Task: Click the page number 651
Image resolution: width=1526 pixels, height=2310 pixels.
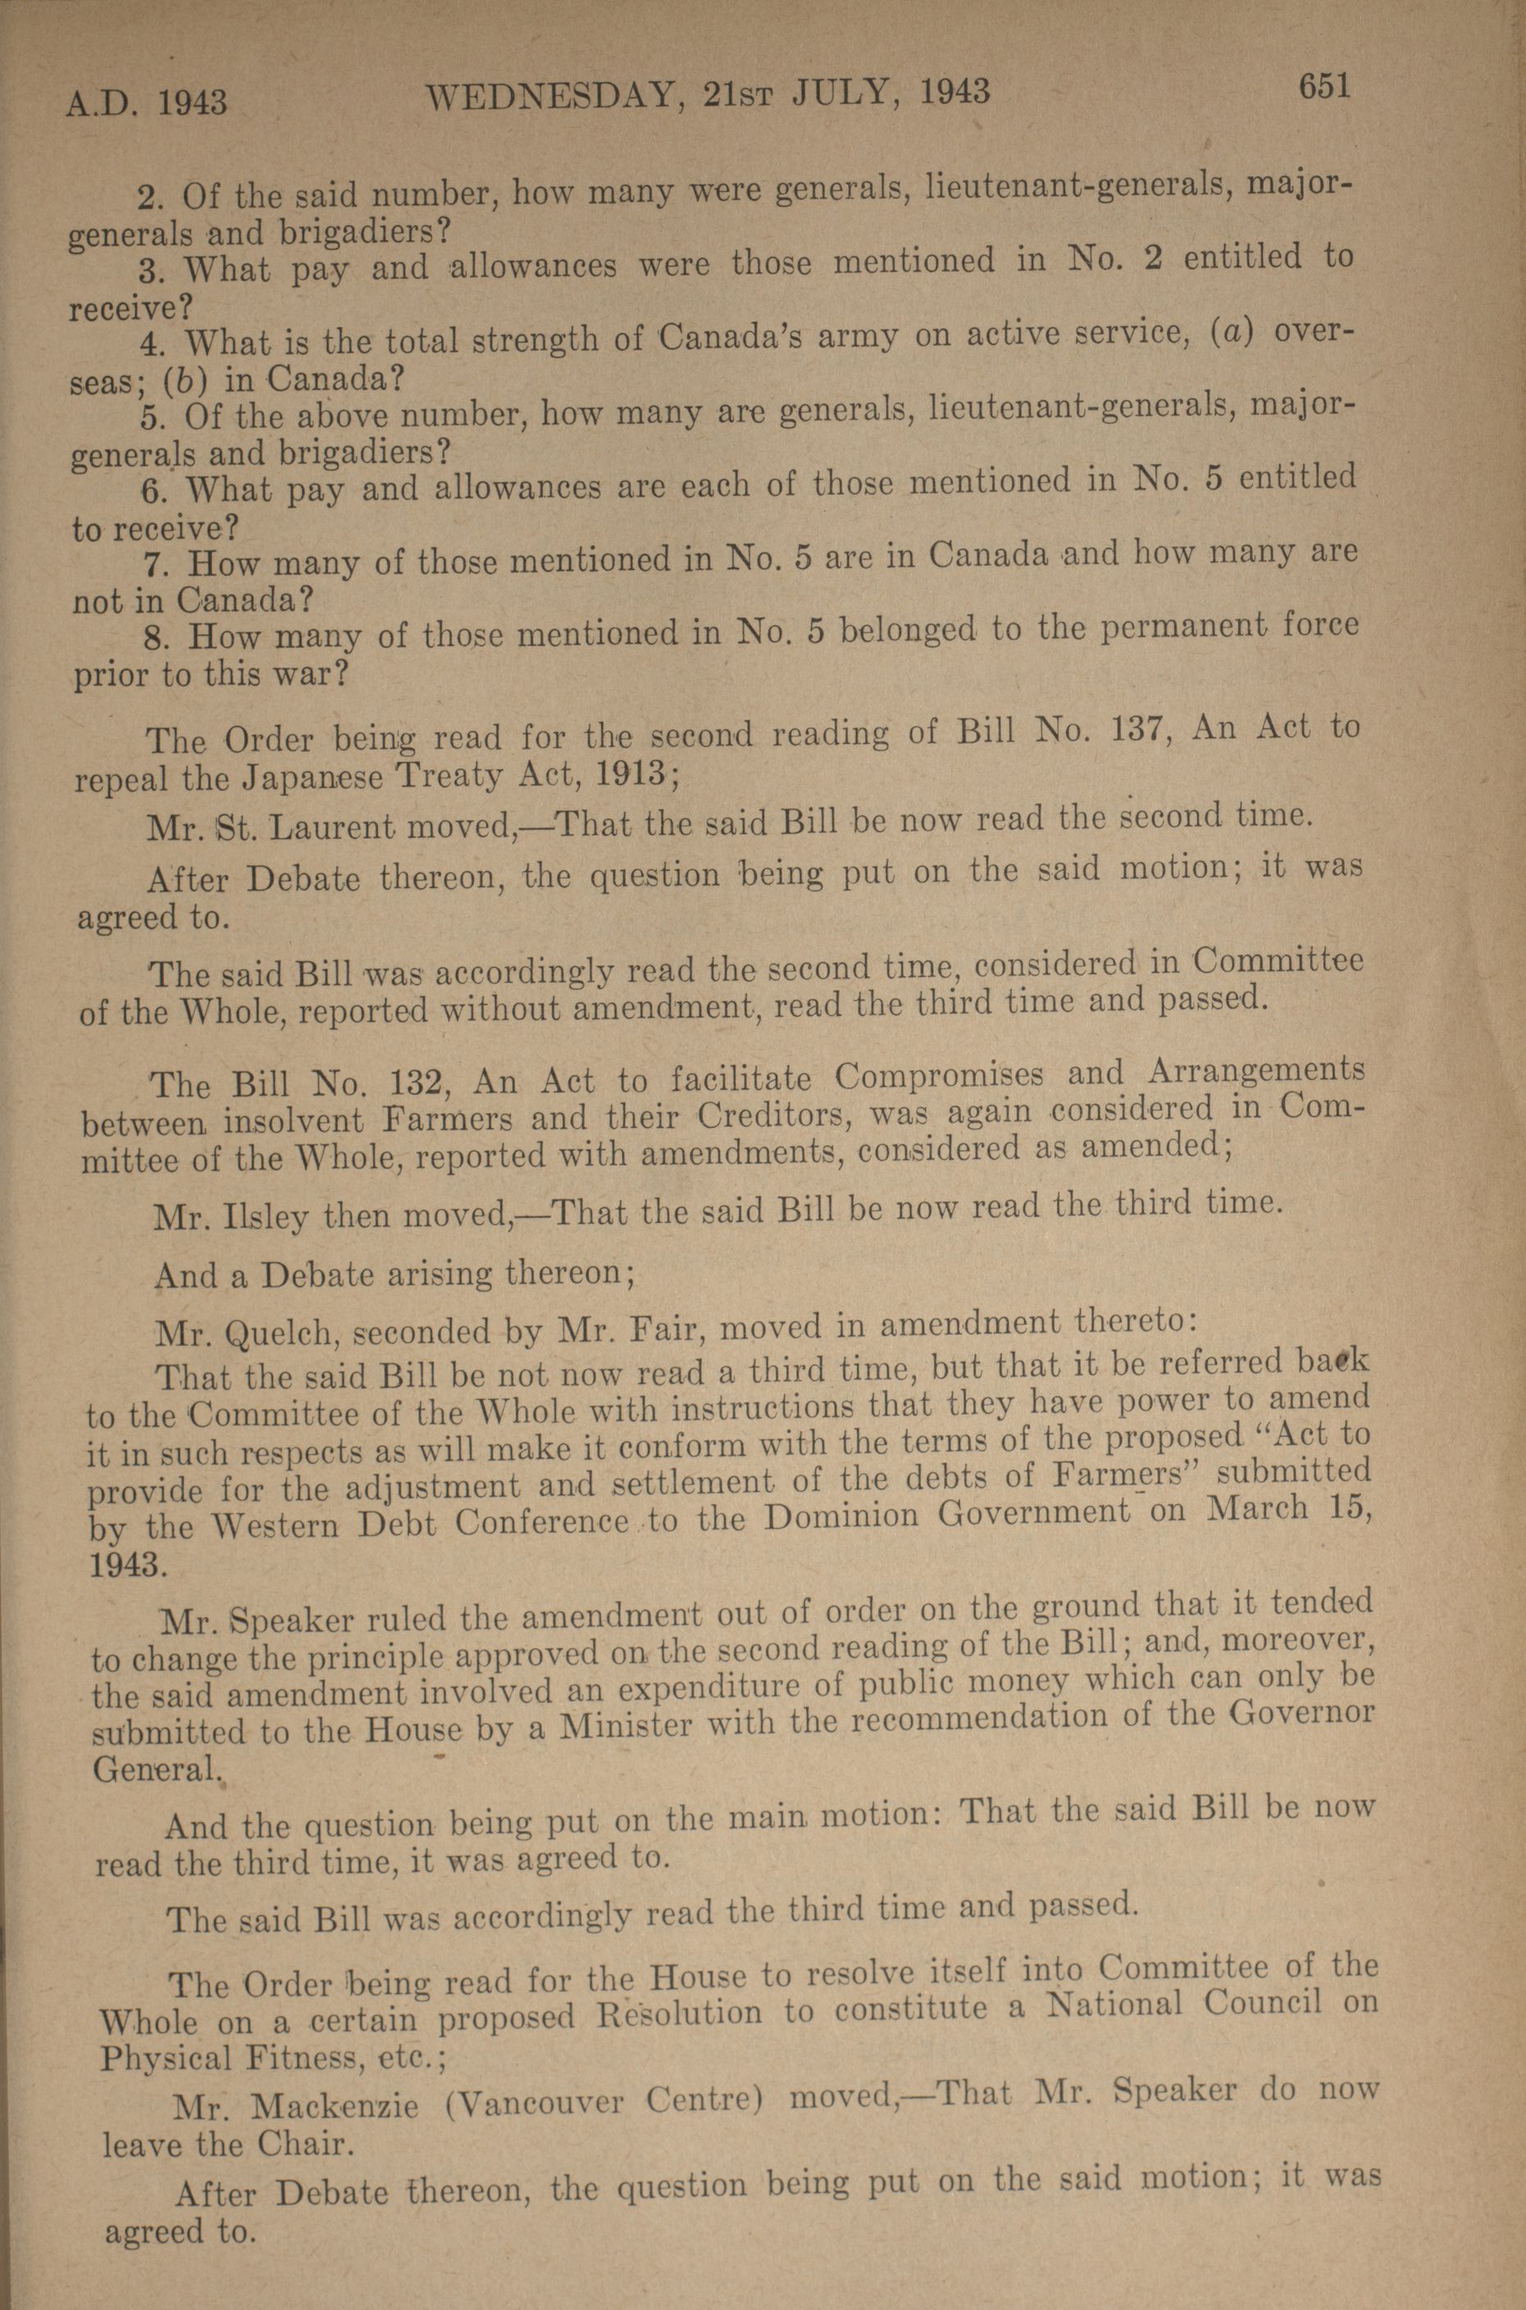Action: (x=1323, y=88)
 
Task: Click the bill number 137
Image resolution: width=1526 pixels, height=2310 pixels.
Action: (x=1140, y=730)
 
